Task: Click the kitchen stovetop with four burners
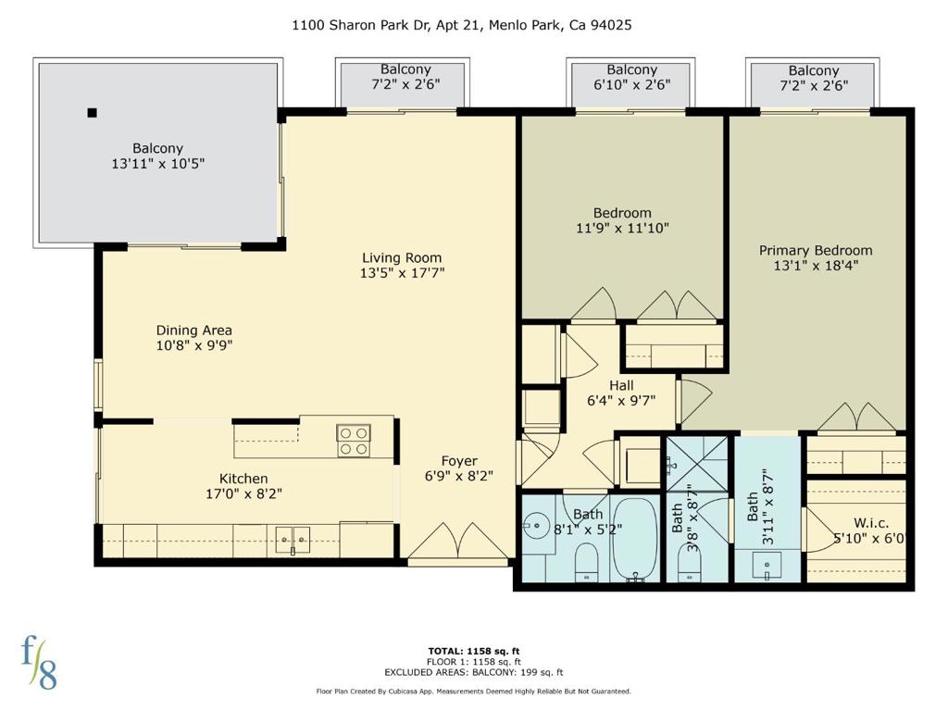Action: pyautogui.click(x=354, y=441)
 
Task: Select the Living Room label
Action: pyautogui.click(x=402, y=257)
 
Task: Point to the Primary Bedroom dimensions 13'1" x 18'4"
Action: pyautogui.click(x=816, y=266)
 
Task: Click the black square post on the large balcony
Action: pyautogui.click(x=92, y=112)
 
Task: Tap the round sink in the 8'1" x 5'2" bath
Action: pyautogui.click(x=534, y=526)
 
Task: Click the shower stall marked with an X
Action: pyautogui.click(x=696, y=464)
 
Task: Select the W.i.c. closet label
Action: pyautogui.click(x=871, y=523)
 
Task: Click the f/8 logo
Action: pyautogui.click(x=39, y=663)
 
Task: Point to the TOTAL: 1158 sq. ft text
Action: pyautogui.click(x=474, y=651)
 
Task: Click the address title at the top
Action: pyautogui.click(x=462, y=25)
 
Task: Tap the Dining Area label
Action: pyautogui.click(x=194, y=331)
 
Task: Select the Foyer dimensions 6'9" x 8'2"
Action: pyautogui.click(x=459, y=476)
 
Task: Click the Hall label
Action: pyautogui.click(x=621, y=385)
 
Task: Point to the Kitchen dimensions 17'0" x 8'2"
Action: pyautogui.click(x=243, y=494)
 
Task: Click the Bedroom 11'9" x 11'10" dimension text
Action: pyautogui.click(x=622, y=228)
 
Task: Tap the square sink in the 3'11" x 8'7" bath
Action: pyautogui.click(x=767, y=565)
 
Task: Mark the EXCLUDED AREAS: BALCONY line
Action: pyautogui.click(x=474, y=672)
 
